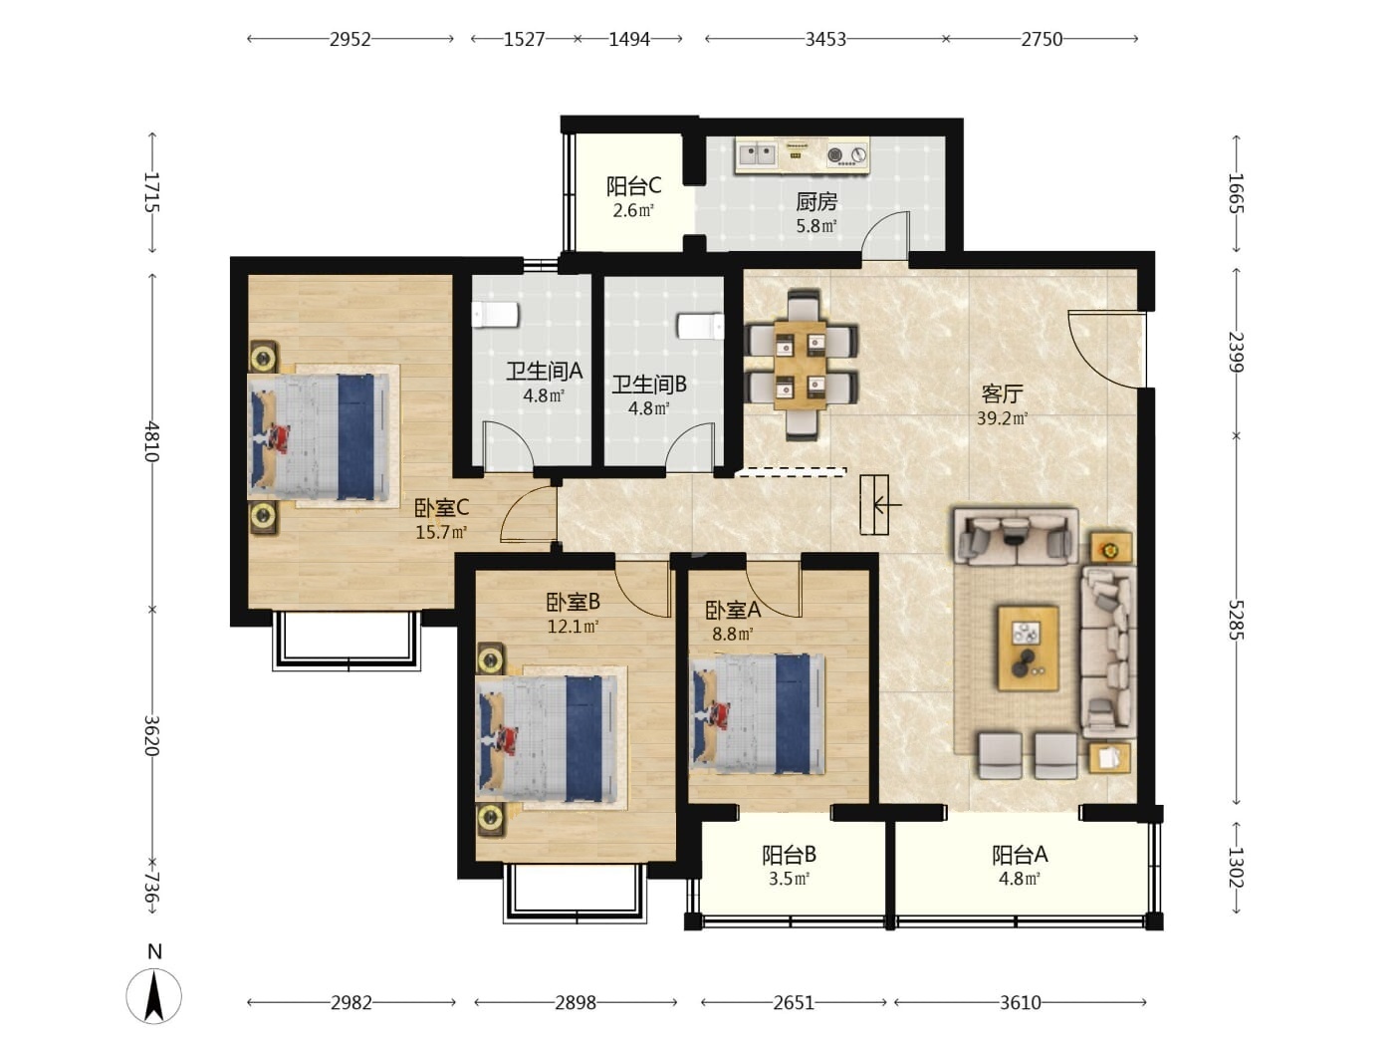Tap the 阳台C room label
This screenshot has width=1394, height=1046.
(x=633, y=186)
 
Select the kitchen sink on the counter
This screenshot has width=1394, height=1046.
(x=758, y=153)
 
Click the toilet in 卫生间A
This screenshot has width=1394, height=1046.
(x=495, y=315)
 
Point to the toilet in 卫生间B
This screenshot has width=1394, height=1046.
(x=701, y=327)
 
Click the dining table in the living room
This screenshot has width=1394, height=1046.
(x=801, y=365)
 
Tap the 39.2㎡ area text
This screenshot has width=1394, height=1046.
(x=1002, y=418)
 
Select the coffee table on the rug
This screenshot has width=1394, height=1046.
(x=1028, y=648)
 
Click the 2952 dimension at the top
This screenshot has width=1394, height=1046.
(x=349, y=40)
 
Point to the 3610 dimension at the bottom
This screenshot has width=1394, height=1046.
(x=1020, y=1003)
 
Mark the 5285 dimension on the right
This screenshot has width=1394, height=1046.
(x=1236, y=620)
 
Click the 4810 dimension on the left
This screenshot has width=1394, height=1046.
(x=151, y=440)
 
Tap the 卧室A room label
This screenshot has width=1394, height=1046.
(x=733, y=611)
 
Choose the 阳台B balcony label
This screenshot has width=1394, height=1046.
(x=789, y=855)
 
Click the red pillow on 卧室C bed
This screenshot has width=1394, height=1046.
(x=279, y=437)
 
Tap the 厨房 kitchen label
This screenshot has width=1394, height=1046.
(x=816, y=202)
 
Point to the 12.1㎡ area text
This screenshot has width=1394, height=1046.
(x=573, y=627)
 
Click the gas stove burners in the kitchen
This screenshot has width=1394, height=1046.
(x=846, y=154)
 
